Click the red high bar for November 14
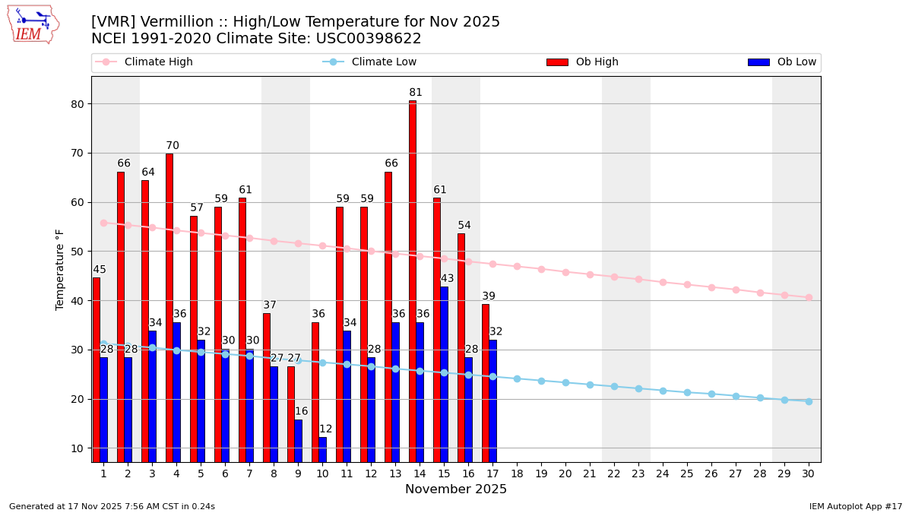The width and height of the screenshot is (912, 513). (x=413, y=281)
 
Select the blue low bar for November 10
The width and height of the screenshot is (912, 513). (x=322, y=449)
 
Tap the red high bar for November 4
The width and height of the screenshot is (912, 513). (x=169, y=308)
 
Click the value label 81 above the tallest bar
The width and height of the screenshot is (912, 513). (x=416, y=93)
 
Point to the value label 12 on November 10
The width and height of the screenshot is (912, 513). (x=325, y=429)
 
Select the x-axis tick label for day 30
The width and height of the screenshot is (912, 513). (x=809, y=473)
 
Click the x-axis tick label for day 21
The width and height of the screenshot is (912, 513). (x=590, y=473)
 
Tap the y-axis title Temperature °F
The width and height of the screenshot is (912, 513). (x=60, y=269)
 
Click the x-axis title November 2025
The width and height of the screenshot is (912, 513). (x=456, y=489)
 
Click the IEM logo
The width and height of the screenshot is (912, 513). (x=33, y=24)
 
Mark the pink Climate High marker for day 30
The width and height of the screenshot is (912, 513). (x=809, y=297)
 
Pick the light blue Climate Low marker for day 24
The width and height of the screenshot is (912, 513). (x=663, y=391)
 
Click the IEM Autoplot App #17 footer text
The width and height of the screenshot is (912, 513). (x=855, y=506)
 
